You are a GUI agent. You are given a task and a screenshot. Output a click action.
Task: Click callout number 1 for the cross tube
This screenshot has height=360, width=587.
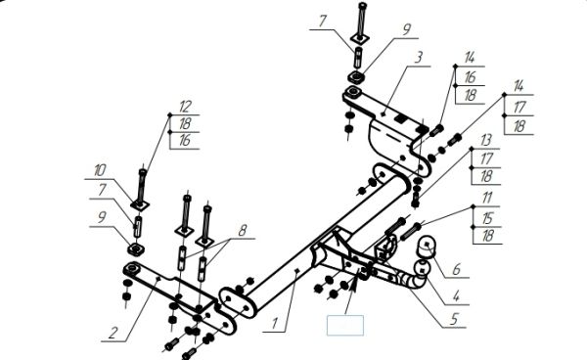click(275, 324)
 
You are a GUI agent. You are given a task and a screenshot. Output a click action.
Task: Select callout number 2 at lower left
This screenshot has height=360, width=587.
click(113, 333)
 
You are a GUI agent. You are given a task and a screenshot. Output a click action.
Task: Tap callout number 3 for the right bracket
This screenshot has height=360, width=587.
click(419, 58)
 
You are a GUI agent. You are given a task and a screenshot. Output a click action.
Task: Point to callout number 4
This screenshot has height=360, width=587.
click(456, 296)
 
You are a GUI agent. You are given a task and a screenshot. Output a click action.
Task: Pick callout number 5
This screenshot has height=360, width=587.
click(454, 319)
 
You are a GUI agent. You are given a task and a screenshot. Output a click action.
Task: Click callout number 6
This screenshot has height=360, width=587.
click(456, 269)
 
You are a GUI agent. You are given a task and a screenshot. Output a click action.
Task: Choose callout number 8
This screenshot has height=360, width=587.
click(243, 230)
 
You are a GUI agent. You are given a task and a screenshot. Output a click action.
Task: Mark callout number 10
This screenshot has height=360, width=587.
click(99, 170)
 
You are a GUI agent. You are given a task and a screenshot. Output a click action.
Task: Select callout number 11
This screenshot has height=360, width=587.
click(486, 198)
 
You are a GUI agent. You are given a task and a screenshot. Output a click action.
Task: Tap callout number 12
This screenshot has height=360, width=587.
click(185, 107)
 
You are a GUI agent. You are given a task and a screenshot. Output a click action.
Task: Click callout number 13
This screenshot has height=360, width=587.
click(485, 141)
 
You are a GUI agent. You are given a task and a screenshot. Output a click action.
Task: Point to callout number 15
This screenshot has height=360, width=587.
click(487, 218)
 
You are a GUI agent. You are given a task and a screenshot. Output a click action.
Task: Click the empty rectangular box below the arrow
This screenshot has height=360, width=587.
click(345, 325)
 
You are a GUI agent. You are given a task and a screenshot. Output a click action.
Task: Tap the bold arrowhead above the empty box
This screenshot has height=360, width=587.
click(354, 282)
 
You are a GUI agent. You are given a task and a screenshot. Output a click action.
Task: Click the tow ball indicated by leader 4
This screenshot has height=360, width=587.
click(422, 270)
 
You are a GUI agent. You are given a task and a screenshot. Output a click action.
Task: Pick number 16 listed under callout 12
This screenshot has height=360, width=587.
click(185, 141)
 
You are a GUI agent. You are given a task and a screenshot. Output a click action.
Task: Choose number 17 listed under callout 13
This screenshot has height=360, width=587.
click(486, 158)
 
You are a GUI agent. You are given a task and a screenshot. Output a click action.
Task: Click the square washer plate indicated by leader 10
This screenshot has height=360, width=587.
click(140, 204)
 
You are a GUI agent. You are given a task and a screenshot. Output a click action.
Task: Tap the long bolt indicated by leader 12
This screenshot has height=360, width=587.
click(142, 187)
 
